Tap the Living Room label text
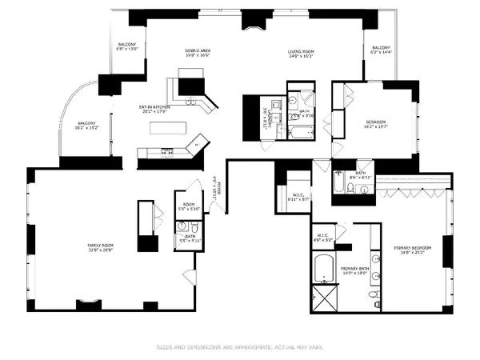[x=301, y=55]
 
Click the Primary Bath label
[x=354, y=270]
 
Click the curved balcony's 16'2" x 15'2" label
[x=86, y=125]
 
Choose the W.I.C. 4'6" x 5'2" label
[x=324, y=237]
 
